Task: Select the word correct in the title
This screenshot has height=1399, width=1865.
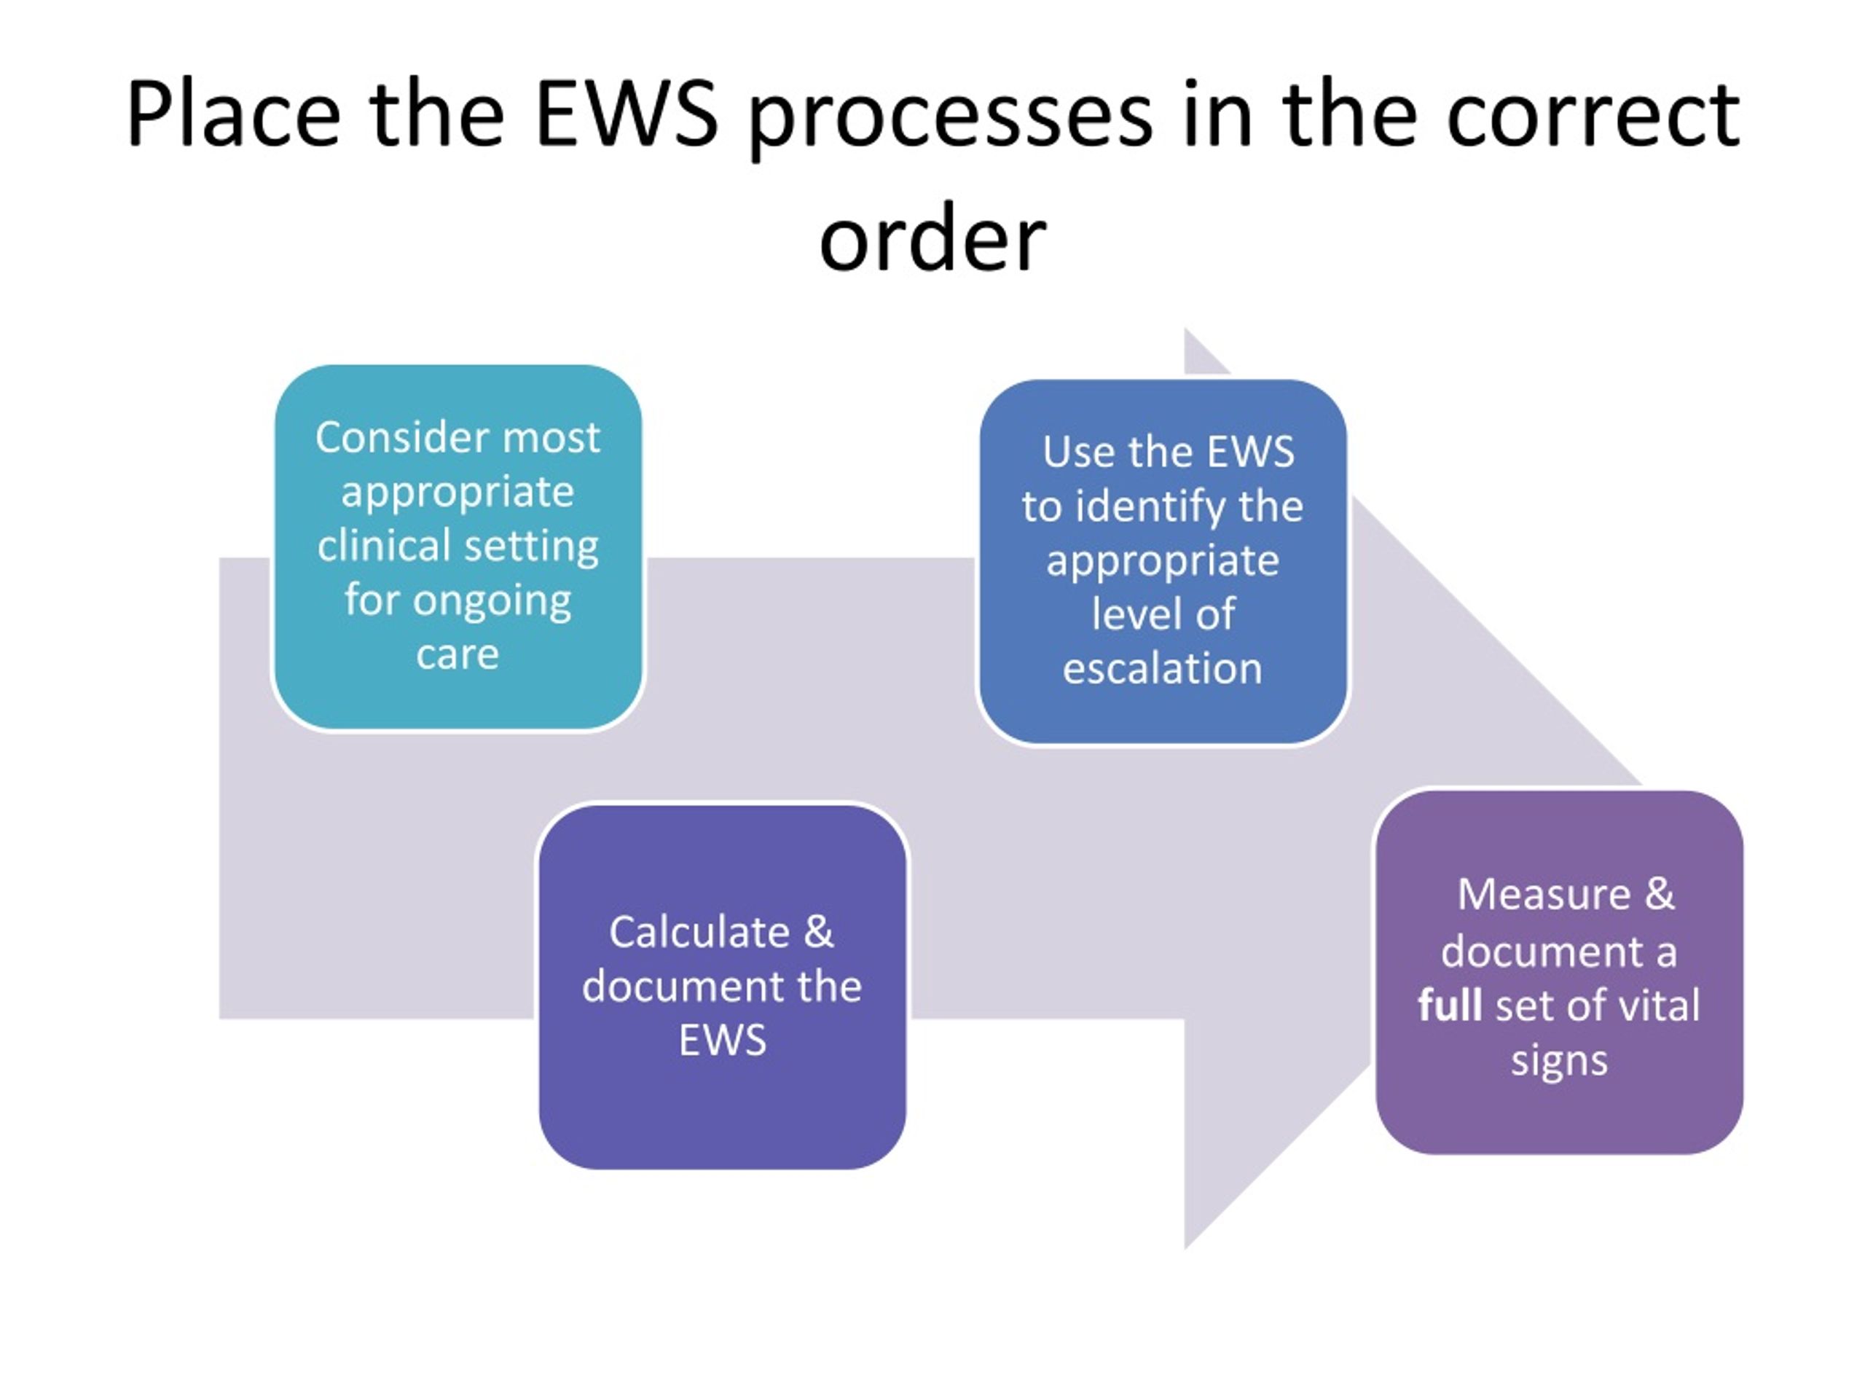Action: pos(1593,114)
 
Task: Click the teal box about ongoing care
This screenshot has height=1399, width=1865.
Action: pos(458,546)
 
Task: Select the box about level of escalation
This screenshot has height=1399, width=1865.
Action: pos(1163,562)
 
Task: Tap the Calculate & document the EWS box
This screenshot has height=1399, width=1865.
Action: pos(723,986)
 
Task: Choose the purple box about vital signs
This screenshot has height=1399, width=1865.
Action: pos(1559,971)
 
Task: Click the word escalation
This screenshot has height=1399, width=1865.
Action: pos(1163,669)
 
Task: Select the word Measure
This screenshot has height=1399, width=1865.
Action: pos(1544,895)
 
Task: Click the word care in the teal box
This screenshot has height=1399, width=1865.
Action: pos(458,654)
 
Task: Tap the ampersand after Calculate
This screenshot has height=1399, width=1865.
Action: pos(818,933)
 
